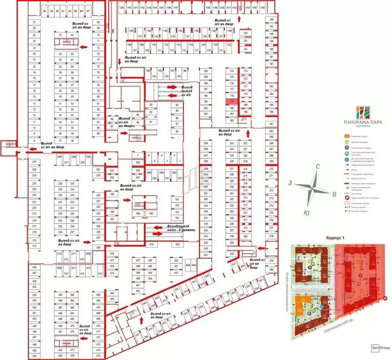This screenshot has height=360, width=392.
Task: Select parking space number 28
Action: coord(44,10)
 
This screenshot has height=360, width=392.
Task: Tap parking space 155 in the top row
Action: coord(262,8)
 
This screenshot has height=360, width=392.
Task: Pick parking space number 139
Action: coord(121,8)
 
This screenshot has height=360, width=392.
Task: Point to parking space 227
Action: coord(34,162)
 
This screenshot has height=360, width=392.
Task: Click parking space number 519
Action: coord(152,245)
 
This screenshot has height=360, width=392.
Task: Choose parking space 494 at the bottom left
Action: coord(34,356)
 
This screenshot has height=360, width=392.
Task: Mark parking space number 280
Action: coord(271,270)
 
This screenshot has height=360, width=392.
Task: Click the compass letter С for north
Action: coord(318,167)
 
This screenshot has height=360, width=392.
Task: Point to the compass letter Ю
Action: coord(306,212)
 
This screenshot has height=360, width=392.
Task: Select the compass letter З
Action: coord(291,182)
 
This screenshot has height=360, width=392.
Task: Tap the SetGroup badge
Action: coord(380,347)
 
